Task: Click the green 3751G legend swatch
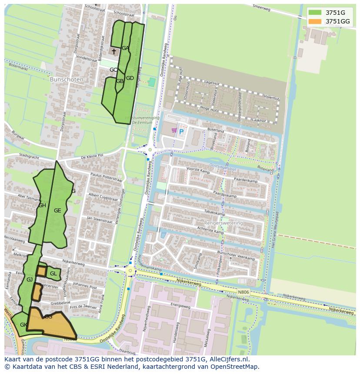315,12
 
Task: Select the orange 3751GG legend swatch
315,21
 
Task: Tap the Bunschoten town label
63,80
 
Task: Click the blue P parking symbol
181,131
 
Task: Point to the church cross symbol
114,51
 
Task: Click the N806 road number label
243,292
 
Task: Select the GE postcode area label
57,211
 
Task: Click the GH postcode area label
42,205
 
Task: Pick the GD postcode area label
130,78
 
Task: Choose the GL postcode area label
53,274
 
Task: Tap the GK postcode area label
23,325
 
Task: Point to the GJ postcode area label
30,280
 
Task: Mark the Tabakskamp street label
216,214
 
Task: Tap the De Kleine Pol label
92,155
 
